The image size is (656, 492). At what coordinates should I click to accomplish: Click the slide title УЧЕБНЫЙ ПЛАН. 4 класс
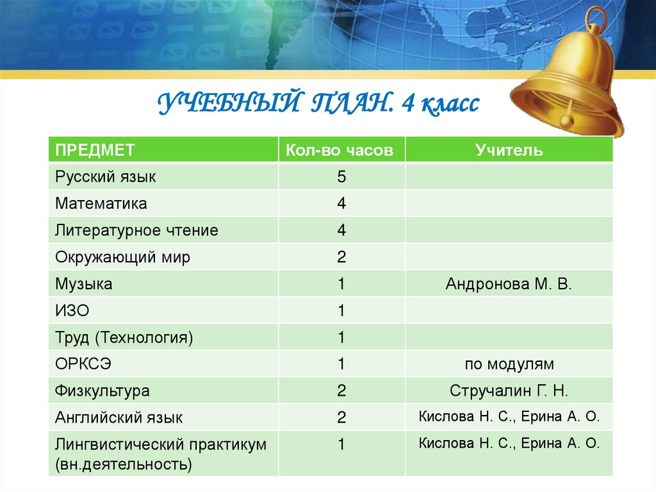[x=318, y=103]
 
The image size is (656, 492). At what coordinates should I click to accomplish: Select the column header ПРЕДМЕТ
[x=95, y=150]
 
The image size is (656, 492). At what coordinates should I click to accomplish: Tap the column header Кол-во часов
[x=341, y=150]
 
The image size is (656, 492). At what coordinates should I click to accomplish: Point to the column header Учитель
[x=509, y=150]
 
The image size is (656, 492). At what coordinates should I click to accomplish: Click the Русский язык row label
[x=105, y=176]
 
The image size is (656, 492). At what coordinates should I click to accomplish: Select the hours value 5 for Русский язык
[x=341, y=176]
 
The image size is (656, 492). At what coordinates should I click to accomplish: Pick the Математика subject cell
[x=101, y=203]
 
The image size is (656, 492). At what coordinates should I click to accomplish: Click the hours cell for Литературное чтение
[x=341, y=230]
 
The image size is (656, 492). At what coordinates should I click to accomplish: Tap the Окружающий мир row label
[x=122, y=257]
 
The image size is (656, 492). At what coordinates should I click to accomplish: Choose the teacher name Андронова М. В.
[x=509, y=284]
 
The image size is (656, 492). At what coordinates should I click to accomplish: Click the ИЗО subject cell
[x=72, y=311]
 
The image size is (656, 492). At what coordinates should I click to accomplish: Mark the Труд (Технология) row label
[x=124, y=337]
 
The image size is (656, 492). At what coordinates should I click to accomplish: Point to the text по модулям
[x=509, y=364]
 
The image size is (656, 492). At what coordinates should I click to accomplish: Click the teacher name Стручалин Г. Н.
[x=509, y=391]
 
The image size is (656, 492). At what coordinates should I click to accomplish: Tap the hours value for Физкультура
[x=341, y=391]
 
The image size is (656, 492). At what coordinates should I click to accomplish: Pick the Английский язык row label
[x=119, y=418]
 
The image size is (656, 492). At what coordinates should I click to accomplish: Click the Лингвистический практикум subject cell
[x=160, y=454]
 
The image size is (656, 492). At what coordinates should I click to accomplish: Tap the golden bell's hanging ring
[x=596, y=19]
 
